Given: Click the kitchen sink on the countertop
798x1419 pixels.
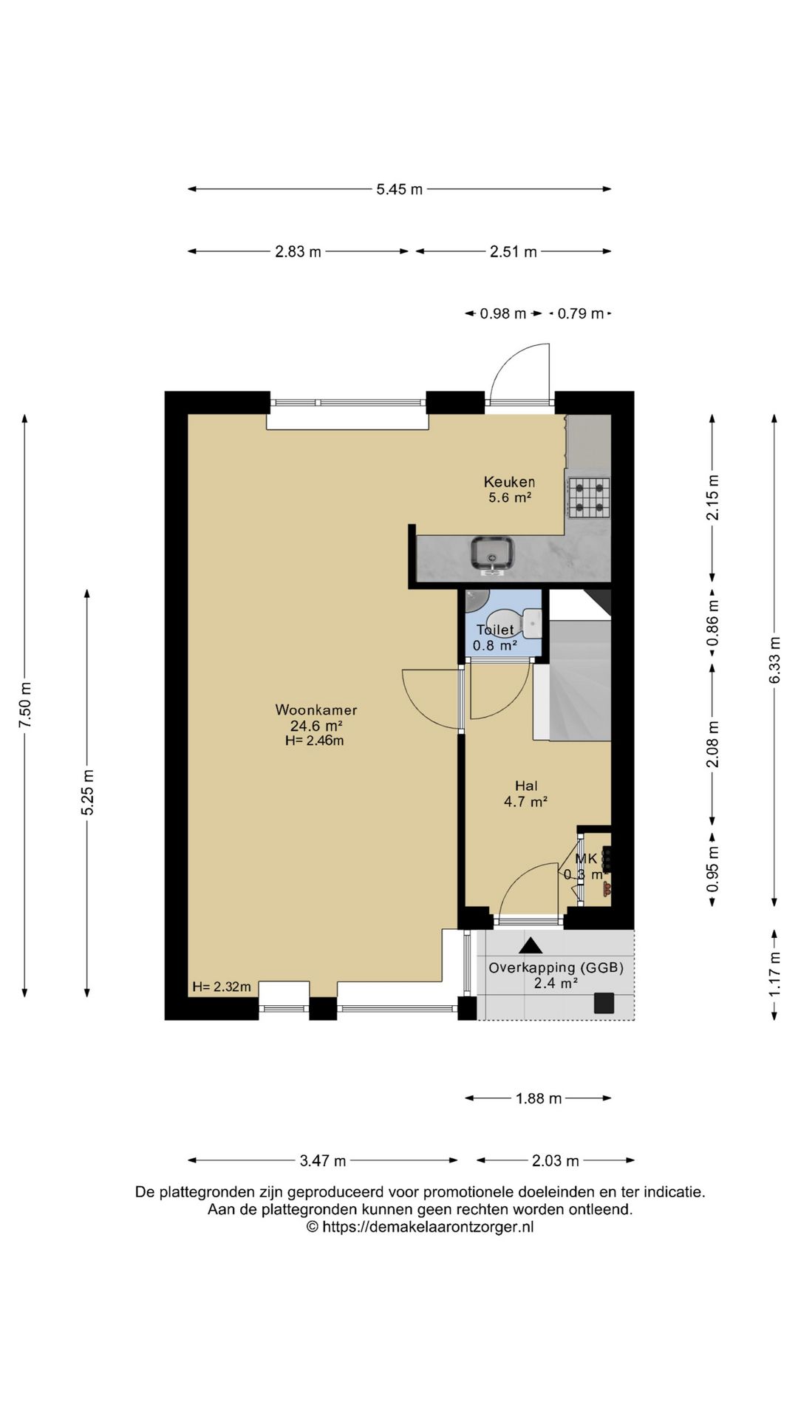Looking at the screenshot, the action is pyautogui.click(x=493, y=555).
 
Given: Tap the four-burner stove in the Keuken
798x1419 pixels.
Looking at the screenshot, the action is pyautogui.click(x=589, y=497).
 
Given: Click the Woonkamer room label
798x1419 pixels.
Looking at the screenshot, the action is pyautogui.click(x=316, y=710).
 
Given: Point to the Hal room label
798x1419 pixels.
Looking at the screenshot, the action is pyautogui.click(x=526, y=786).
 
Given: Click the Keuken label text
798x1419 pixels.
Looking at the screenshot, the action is pyautogui.click(x=509, y=482).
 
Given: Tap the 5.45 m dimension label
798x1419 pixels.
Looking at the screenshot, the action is pyautogui.click(x=400, y=189).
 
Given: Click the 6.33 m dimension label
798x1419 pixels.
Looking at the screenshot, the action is pyautogui.click(x=774, y=659).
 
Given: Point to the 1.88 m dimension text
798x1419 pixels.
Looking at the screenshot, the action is pyautogui.click(x=539, y=1098).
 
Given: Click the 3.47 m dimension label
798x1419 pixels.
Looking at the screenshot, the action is pyautogui.click(x=323, y=1160).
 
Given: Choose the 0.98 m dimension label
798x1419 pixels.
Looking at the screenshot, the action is pyautogui.click(x=503, y=313).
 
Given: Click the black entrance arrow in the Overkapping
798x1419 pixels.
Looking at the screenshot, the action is pyautogui.click(x=530, y=945).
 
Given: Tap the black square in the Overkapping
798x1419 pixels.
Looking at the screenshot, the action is pyautogui.click(x=604, y=1002).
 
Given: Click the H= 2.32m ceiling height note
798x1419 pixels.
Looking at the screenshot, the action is pyautogui.click(x=222, y=987).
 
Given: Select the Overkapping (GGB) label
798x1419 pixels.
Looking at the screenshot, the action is pyautogui.click(x=556, y=967).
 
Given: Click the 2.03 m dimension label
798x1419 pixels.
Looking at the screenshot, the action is pyautogui.click(x=556, y=1160).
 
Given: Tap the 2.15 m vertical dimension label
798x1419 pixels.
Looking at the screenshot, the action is pyautogui.click(x=712, y=497).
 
